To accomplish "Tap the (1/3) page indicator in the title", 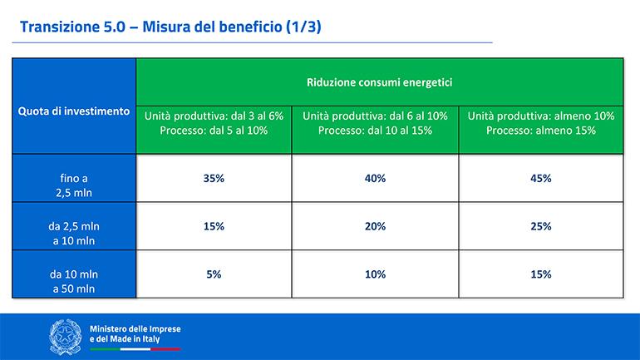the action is (x=303, y=27).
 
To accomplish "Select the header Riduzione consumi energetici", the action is (x=380, y=82).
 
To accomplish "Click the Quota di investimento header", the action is (x=74, y=111).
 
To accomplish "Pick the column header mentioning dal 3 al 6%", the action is (x=214, y=123).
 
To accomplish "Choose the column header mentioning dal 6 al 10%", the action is (x=375, y=123).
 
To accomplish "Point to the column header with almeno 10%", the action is (x=541, y=123).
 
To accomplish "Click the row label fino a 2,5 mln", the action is (x=74, y=185).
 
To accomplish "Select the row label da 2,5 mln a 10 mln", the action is (x=74, y=234).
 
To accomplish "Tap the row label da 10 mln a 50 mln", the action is (x=74, y=281).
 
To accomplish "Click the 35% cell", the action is (x=214, y=179).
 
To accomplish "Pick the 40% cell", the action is (x=375, y=179).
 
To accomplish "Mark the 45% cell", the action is (x=541, y=179).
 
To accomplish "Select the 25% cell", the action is (x=541, y=226).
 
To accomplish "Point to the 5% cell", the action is (x=214, y=274).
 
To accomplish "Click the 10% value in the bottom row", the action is (x=375, y=274).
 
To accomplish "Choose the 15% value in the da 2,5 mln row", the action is (x=214, y=226).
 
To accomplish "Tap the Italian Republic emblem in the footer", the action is (x=66, y=337).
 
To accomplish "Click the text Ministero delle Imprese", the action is (x=135, y=329).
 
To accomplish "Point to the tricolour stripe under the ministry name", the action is (x=135, y=349).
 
